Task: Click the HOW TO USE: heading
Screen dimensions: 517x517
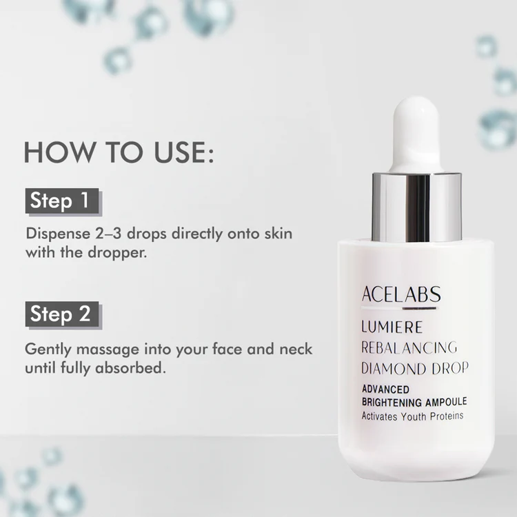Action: coord(119,152)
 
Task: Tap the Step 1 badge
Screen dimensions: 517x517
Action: coord(61,201)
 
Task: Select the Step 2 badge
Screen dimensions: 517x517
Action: coord(61,314)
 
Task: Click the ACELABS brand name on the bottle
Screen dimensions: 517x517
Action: coord(401,295)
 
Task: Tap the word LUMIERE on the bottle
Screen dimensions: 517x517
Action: coord(393,327)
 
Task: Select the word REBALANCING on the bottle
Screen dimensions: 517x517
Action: coord(409,347)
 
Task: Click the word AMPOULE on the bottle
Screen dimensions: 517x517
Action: coord(445,401)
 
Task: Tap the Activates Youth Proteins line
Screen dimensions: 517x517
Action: coord(412,416)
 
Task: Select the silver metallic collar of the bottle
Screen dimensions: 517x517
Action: coord(416,206)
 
